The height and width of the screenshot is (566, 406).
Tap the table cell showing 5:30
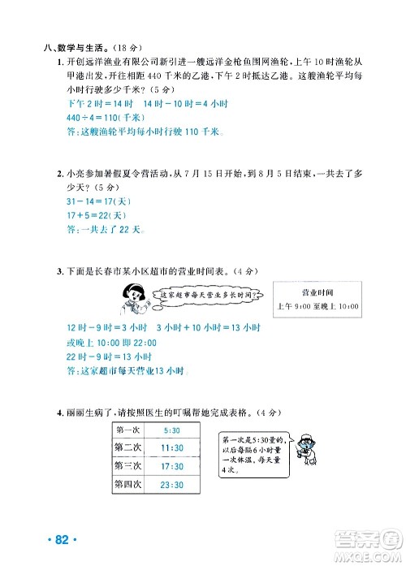coord(171,430)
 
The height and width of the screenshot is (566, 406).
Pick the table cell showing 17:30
coord(171,466)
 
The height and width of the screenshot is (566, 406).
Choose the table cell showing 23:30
coord(171,485)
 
